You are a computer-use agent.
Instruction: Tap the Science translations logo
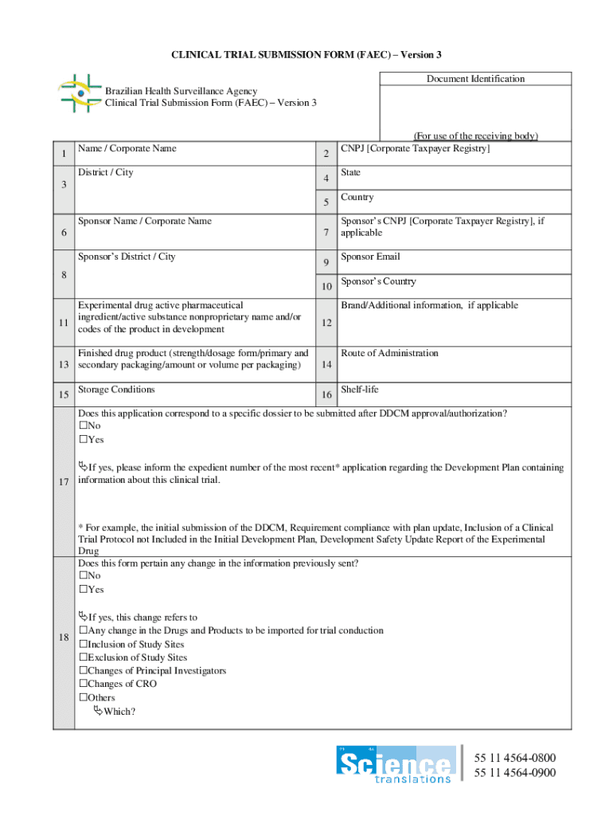tap(396, 764)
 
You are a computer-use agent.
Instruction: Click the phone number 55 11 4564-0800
tap(515, 758)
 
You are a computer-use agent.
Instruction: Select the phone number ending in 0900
tap(515, 773)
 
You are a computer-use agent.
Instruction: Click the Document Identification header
tap(475, 79)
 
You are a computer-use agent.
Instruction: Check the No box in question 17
tap(83, 426)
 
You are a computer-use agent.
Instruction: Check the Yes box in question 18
tap(83, 590)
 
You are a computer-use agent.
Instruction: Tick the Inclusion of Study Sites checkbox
tap(83, 644)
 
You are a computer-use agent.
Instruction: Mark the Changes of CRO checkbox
tap(83, 684)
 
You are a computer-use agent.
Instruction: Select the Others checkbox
tap(83, 698)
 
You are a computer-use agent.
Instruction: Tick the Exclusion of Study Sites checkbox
tap(83, 657)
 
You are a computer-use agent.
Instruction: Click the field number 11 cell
tap(62, 323)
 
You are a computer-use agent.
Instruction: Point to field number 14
tap(326, 365)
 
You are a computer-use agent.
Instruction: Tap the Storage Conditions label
tap(116, 390)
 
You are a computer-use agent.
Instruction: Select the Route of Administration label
tap(389, 353)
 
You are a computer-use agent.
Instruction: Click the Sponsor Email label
tap(370, 257)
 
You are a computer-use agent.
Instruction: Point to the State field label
tap(350, 172)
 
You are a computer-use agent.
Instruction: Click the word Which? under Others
tap(119, 712)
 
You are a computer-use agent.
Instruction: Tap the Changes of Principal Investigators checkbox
tap(83, 671)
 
